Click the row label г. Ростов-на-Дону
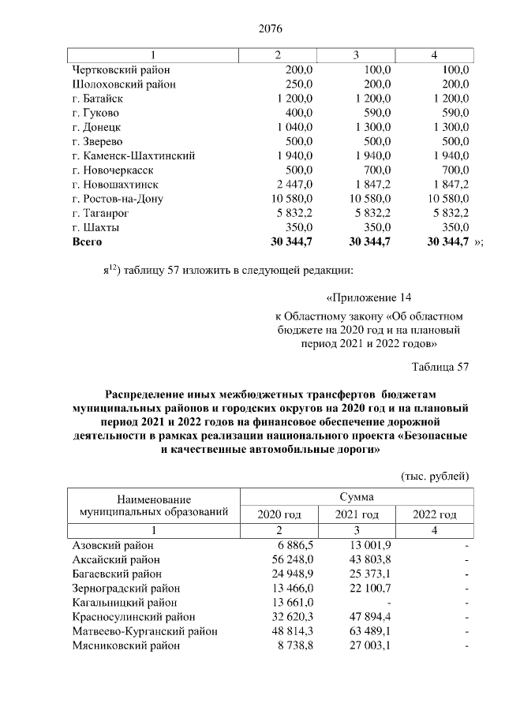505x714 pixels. (x=118, y=198)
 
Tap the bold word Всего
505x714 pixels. (x=87, y=241)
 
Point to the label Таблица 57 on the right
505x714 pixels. (x=440, y=367)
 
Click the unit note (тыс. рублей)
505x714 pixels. (x=436, y=476)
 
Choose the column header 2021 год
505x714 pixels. (x=357, y=514)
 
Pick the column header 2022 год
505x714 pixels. (x=435, y=514)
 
